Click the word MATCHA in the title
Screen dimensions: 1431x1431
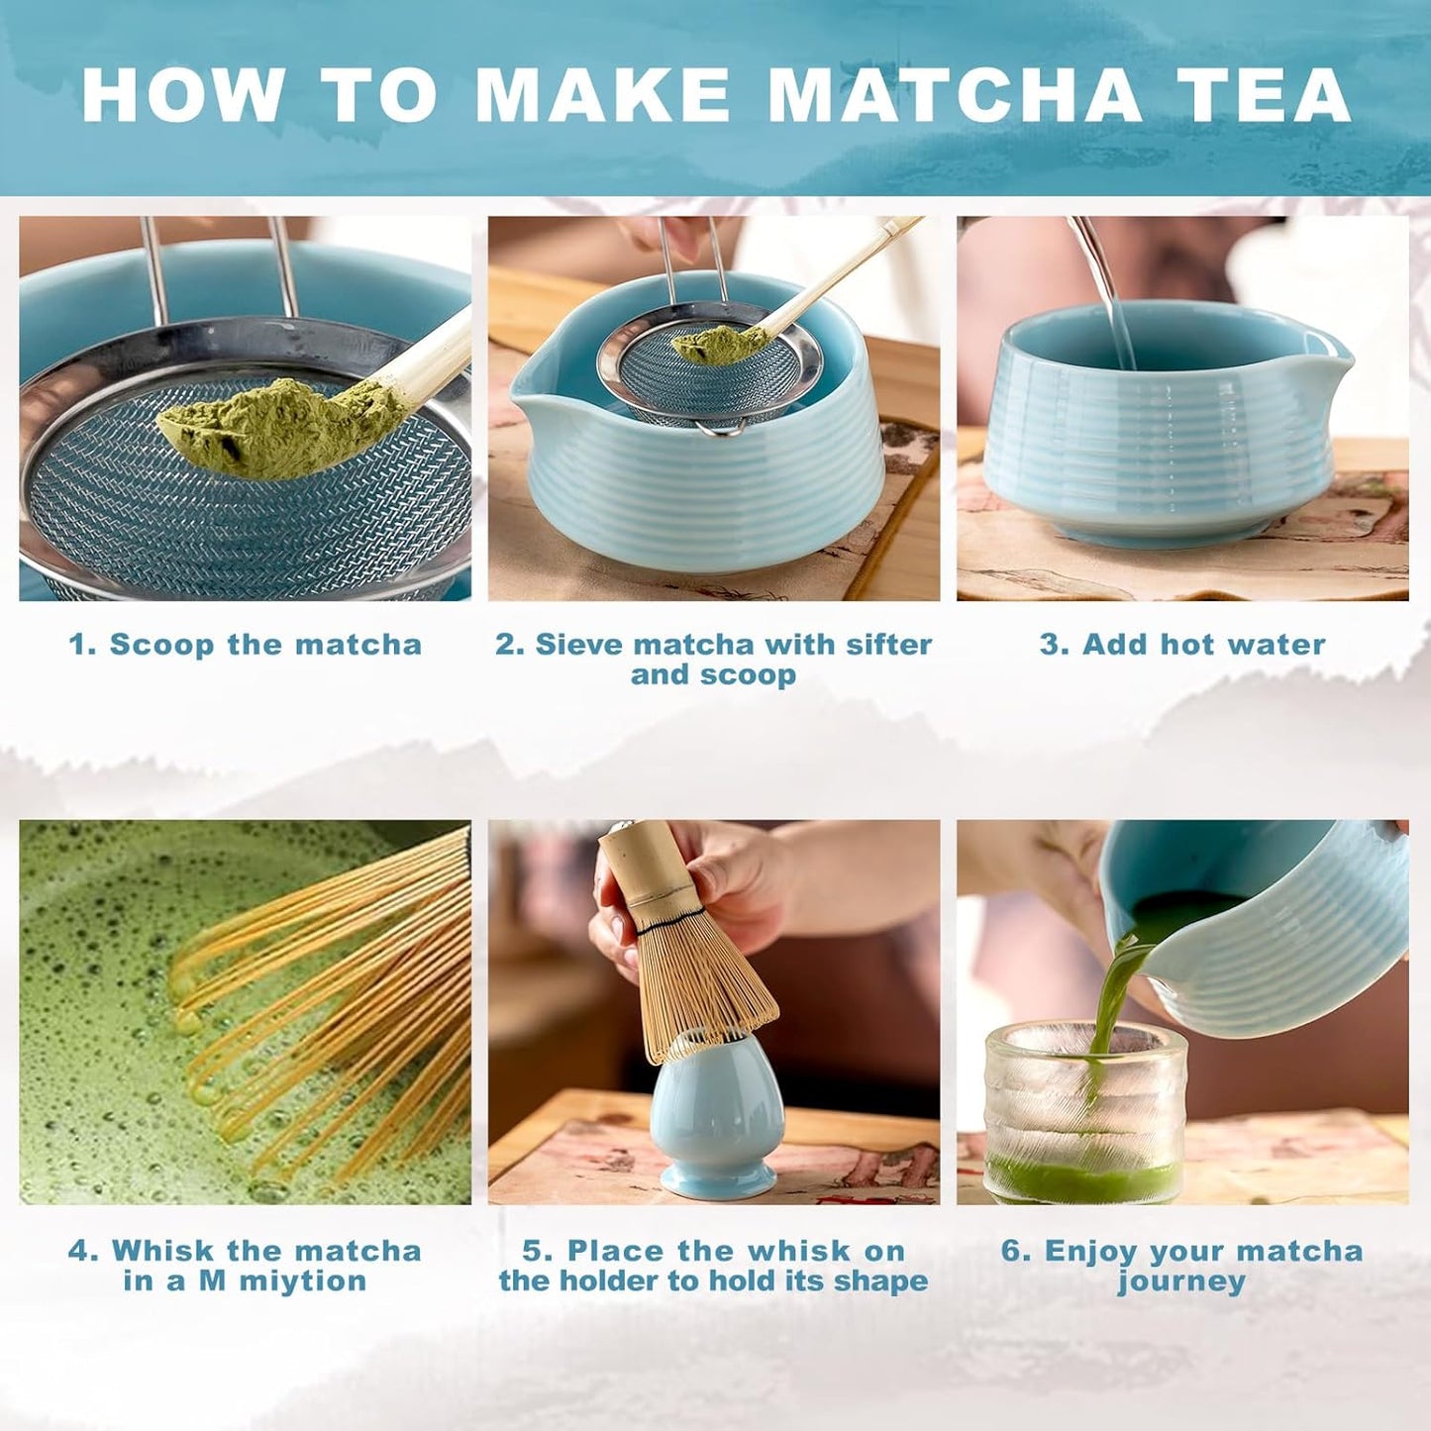pos(955,95)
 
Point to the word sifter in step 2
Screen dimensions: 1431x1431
pos(888,645)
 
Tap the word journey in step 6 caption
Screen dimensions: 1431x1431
pos(1181,1281)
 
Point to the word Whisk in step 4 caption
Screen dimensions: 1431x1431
pos(164,1251)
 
